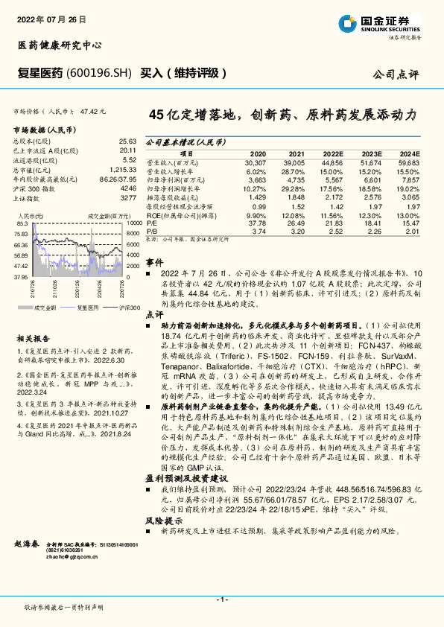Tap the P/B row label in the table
point(153,232)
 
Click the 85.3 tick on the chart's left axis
point(22,223)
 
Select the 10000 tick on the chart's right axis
point(135,223)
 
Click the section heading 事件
point(154,263)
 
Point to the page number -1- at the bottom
point(222,599)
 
